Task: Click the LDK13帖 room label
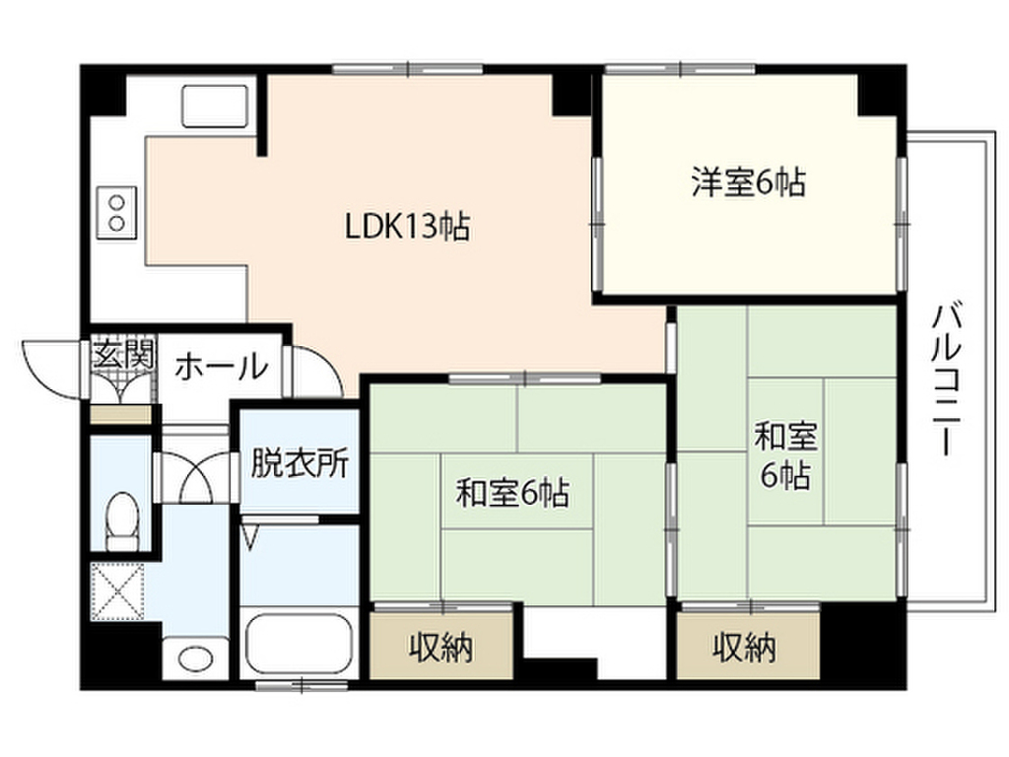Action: pos(406,228)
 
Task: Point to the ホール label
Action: pos(222,367)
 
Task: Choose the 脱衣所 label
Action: pos(299,463)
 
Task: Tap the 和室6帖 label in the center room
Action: pos(512,492)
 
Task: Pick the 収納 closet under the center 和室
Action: pos(440,648)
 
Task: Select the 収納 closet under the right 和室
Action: pos(746,648)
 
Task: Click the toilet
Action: pos(123,520)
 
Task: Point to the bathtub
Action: pos(296,646)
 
